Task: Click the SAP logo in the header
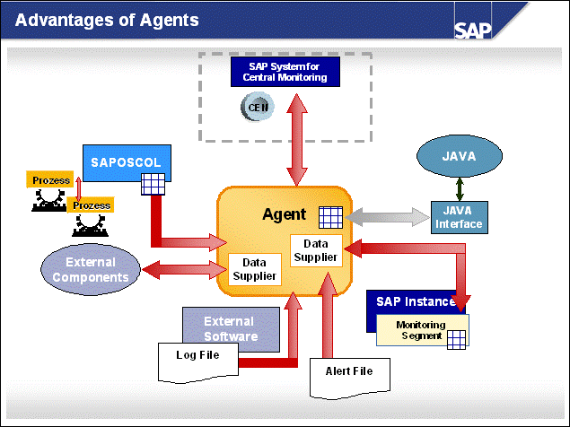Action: click(473, 30)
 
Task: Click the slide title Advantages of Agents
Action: click(108, 19)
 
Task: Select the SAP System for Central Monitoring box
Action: click(285, 72)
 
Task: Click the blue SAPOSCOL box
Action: click(126, 163)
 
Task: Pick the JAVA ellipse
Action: click(459, 157)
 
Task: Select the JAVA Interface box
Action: click(458, 218)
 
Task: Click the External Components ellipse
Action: click(91, 269)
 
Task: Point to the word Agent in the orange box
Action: click(284, 215)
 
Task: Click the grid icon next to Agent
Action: click(329, 216)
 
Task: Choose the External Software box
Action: click(228, 327)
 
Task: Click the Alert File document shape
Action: click(349, 370)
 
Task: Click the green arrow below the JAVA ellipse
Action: click(460, 188)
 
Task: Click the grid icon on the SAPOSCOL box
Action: click(152, 185)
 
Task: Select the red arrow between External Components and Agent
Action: click(180, 267)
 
